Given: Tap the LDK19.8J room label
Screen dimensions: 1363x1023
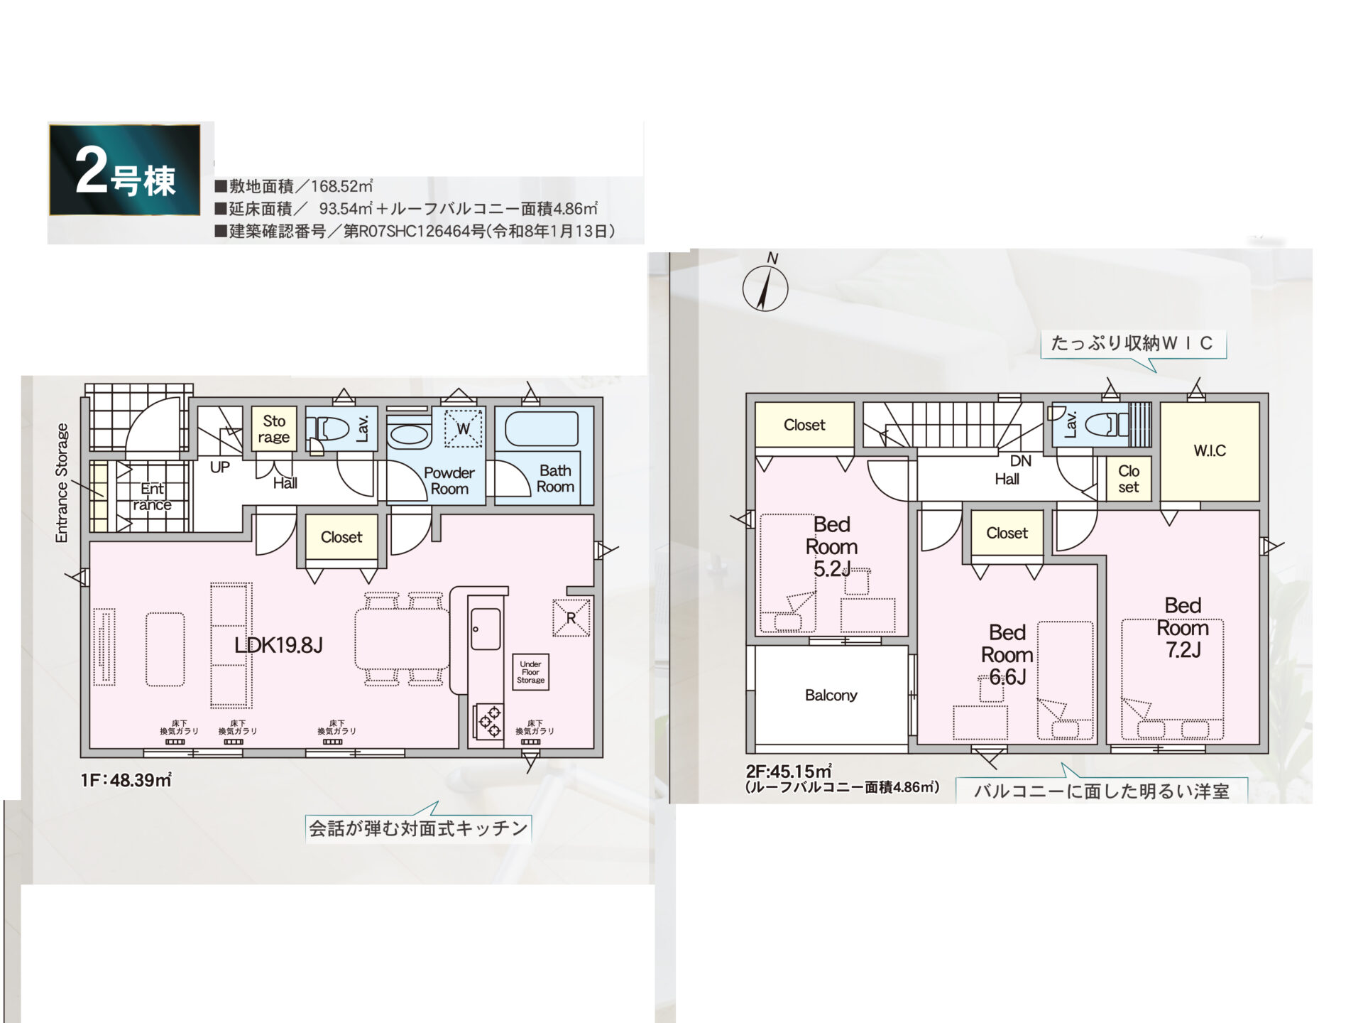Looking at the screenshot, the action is click(x=278, y=645).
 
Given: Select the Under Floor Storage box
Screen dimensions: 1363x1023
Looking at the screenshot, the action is click(x=530, y=672).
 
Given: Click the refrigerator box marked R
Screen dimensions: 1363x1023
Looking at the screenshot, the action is click(x=571, y=617).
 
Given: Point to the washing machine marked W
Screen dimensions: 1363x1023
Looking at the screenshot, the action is click(x=463, y=428).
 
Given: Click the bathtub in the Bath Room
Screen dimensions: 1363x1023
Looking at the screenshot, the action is click(x=541, y=430).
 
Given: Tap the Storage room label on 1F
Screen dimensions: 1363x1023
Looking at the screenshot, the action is click(x=274, y=428).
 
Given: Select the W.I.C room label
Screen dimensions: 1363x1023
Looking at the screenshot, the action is click(x=1210, y=450).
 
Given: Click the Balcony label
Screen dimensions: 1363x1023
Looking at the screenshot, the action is click(x=831, y=695).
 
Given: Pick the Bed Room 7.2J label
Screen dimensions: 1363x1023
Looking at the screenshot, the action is click(x=1183, y=627).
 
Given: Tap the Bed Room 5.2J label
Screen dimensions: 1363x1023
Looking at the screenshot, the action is click(x=832, y=546).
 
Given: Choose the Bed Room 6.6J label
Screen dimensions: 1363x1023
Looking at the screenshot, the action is click(x=1007, y=654).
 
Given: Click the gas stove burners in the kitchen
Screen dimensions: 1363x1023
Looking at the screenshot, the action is click(x=488, y=721).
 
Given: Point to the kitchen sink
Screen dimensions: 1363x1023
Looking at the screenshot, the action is click(x=486, y=629).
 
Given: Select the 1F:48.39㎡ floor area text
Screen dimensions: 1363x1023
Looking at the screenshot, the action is click(x=126, y=779).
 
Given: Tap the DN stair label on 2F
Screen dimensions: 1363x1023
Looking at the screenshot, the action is click(x=1021, y=461).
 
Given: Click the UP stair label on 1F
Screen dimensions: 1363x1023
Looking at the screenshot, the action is click(x=220, y=467).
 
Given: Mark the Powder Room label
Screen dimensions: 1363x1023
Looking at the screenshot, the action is click(x=449, y=480).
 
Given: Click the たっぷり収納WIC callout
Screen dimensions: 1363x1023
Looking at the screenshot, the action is click(x=1133, y=344).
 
